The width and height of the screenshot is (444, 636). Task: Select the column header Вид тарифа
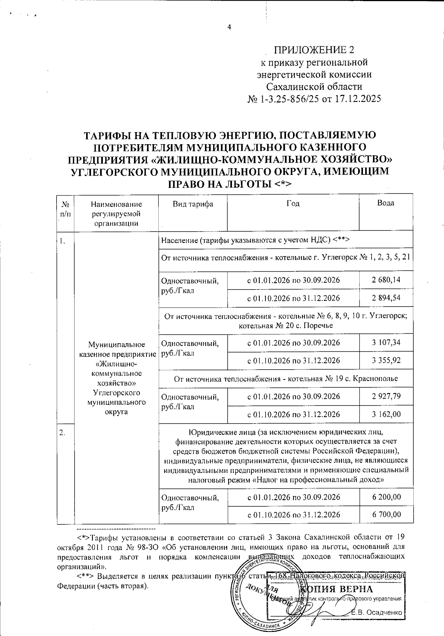coord(192,204)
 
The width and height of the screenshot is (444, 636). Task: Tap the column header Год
coord(293,203)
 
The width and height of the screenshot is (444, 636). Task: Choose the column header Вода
coord(386,203)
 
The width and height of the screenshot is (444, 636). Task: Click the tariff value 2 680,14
coord(386,280)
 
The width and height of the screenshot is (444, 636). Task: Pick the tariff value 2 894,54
coord(386,298)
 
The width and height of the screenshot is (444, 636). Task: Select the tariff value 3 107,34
coord(386,342)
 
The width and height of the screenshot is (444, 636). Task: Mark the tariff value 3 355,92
coord(386,360)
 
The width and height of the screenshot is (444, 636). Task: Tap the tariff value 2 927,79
coord(386,397)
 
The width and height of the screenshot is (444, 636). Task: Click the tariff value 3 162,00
coord(386,414)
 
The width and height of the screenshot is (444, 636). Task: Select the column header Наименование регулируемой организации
coord(116,213)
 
